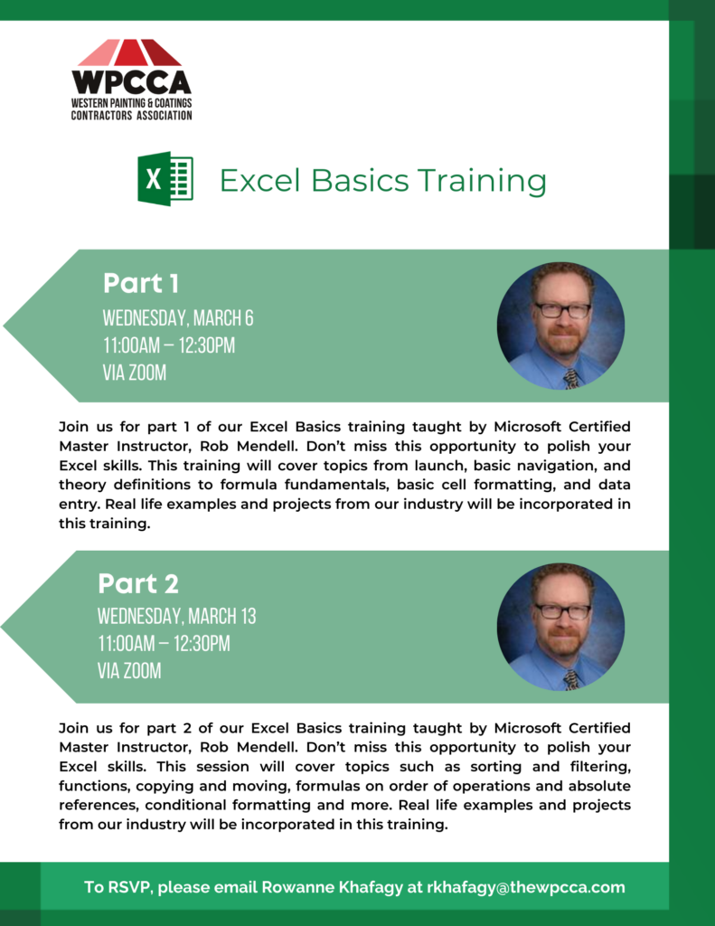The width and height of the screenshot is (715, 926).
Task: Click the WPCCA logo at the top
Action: (x=132, y=80)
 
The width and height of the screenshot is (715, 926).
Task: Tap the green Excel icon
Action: (x=165, y=178)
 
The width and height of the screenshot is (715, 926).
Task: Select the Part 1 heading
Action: (x=140, y=283)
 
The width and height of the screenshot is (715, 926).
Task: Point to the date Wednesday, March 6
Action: (x=178, y=317)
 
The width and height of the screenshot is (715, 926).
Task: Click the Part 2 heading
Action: (x=138, y=583)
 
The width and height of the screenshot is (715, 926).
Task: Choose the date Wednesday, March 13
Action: (x=176, y=616)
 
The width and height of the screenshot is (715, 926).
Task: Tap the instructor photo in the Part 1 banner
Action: (x=561, y=326)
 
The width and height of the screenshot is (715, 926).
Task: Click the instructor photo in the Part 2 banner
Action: (x=561, y=627)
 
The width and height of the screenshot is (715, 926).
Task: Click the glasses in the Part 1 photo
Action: (x=562, y=310)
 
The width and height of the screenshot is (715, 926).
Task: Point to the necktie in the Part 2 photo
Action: (x=571, y=680)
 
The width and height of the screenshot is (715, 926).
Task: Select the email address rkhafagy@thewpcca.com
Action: (x=525, y=887)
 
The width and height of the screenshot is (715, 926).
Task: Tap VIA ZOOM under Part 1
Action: (x=135, y=373)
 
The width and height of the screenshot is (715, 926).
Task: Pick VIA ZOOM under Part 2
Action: (x=129, y=671)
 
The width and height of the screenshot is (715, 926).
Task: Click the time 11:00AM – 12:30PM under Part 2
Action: (x=165, y=644)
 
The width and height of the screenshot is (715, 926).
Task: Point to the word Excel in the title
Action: (x=259, y=180)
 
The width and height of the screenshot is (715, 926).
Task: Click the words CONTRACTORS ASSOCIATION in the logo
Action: (x=132, y=116)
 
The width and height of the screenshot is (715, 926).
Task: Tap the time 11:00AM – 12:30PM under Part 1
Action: (x=169, y=345)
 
